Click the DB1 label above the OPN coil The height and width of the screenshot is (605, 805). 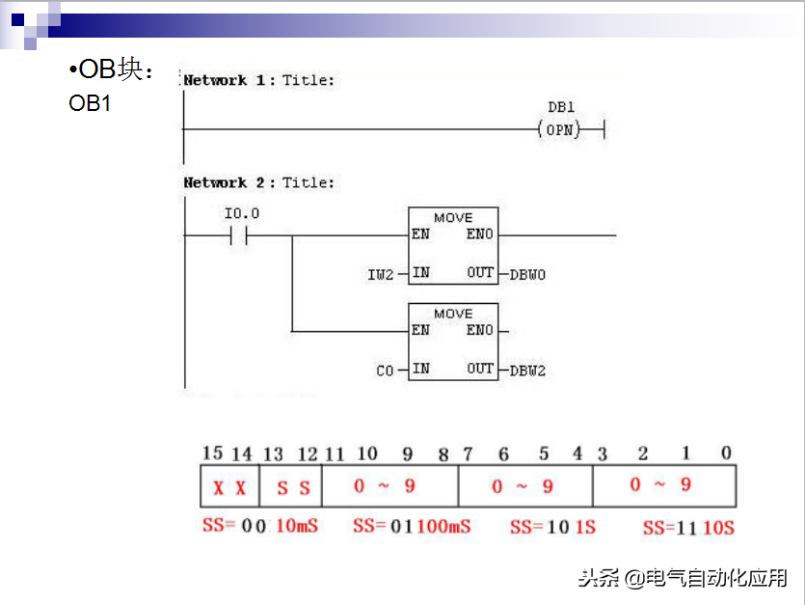pos(560,108)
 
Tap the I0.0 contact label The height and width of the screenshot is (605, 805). pos(242,212)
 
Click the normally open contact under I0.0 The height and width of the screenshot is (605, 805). pos(239,234)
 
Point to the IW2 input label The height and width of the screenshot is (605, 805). pos(381,275)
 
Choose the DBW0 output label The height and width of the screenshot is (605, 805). pos(527,275)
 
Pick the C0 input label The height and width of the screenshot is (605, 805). pos(386,371)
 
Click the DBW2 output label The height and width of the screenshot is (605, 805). pos(527,371)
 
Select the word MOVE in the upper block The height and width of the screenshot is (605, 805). pos(453,218)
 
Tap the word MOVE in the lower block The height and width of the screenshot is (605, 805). pos(453,314)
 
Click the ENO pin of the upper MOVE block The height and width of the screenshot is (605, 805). pos(479,234)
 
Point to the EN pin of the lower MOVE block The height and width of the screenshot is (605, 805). pos(420,330)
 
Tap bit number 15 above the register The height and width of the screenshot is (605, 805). pos(213,454)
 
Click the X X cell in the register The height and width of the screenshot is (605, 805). pos(229,488)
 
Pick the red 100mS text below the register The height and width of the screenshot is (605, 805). pos(444,527)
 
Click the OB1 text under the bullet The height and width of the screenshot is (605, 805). pos(90,103)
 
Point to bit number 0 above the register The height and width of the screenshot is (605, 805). pos(726,454)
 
